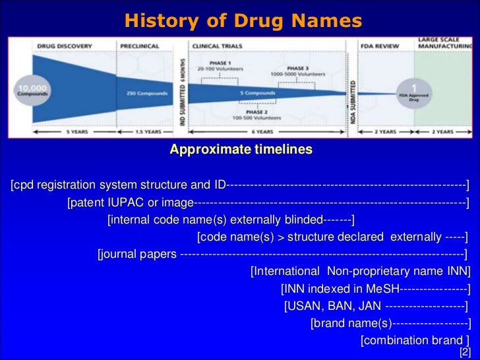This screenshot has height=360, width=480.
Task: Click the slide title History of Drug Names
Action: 243,21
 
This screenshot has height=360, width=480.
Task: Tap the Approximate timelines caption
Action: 241,150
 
